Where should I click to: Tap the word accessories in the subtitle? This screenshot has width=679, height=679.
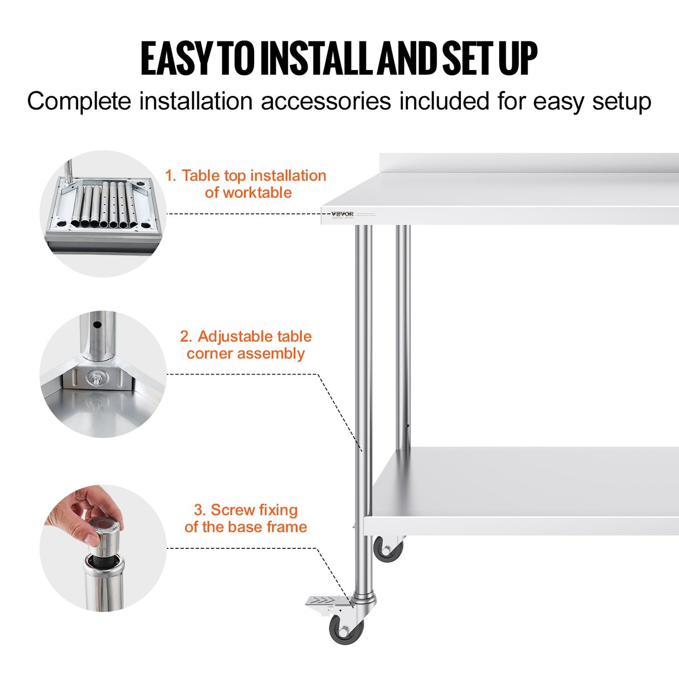[326, 101]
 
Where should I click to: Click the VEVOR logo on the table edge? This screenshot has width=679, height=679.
[342, 214]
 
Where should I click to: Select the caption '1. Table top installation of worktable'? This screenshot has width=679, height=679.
[246, 184]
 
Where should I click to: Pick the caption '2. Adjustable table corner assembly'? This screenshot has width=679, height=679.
[246, 345]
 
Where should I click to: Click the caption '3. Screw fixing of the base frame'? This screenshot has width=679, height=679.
[246, 518]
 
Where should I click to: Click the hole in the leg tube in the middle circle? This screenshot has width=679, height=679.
[97, 325]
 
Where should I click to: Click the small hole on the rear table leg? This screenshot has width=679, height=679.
[407, 426]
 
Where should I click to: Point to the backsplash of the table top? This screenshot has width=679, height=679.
[526, 162]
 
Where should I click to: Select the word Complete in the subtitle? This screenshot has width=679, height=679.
[78, 101]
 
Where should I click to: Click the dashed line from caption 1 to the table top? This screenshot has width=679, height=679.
[244, 214]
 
